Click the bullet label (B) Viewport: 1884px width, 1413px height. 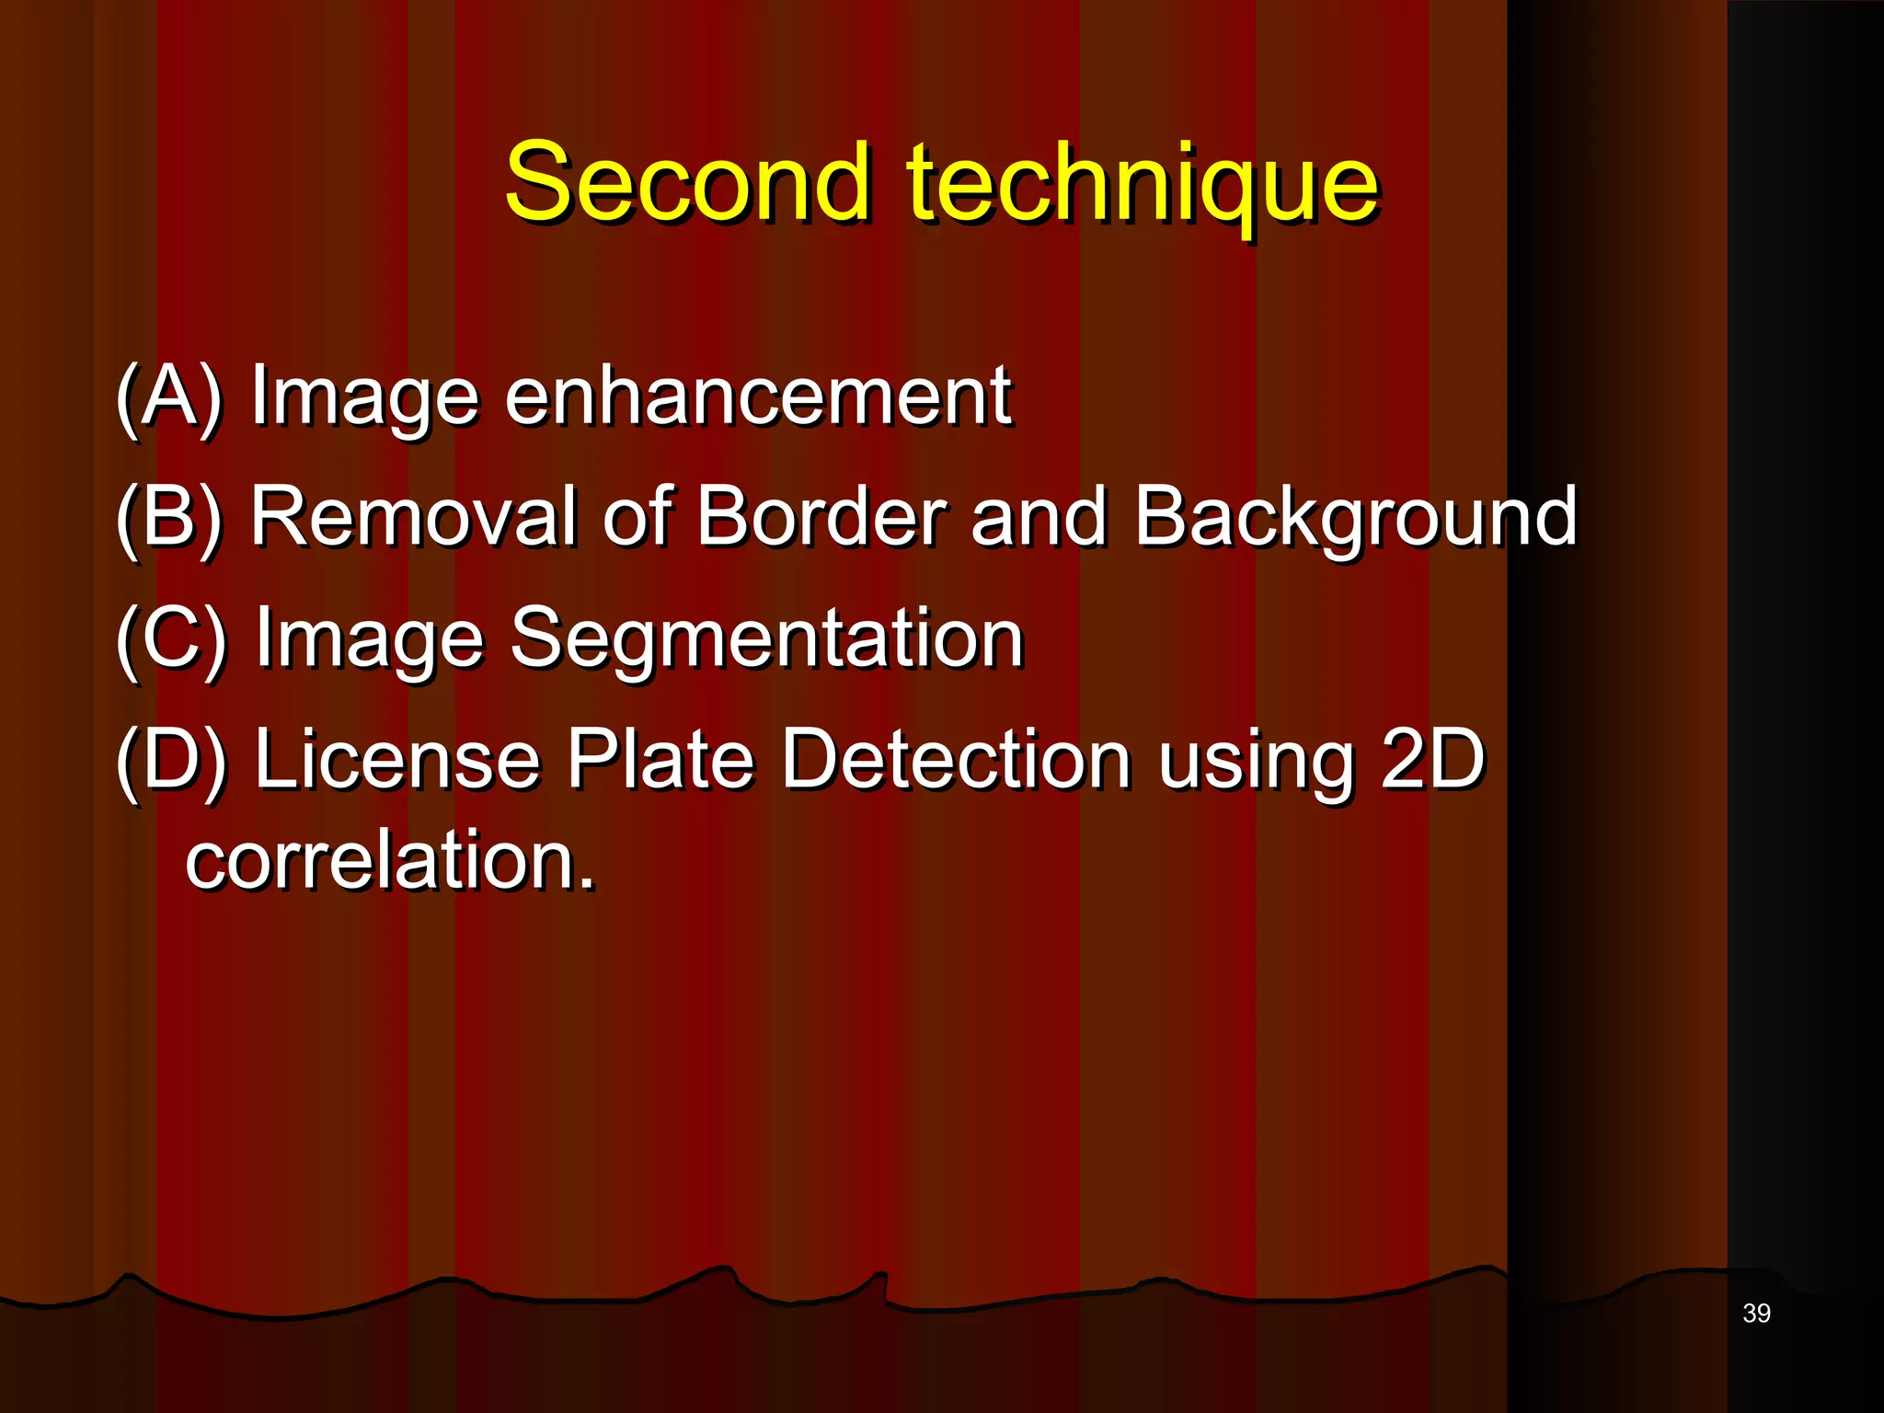point(170,517)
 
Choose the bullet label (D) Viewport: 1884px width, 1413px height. point(172,760)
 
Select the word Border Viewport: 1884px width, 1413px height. point(821,517)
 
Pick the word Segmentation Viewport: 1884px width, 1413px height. point(766,640)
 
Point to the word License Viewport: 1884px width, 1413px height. point(396,760)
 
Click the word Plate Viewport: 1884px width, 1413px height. point(660,760)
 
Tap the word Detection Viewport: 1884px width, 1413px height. point(956,760)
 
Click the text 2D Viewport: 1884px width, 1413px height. point(1432,760)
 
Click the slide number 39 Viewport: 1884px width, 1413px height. point(1756,1314)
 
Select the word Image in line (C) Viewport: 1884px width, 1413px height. point(369,642)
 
